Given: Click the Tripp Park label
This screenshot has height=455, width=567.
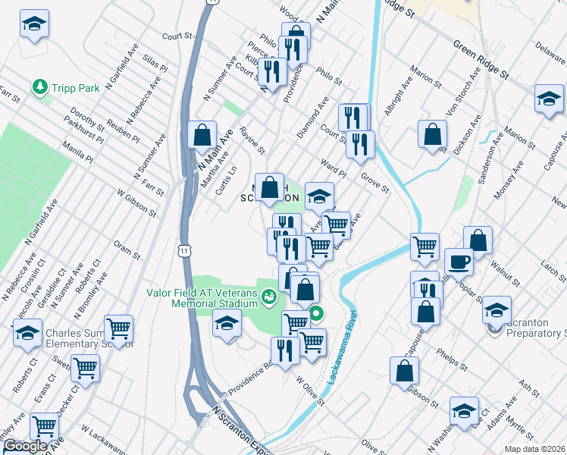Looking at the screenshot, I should (x=77, y=88).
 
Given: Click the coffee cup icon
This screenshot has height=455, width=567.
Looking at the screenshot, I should (x=459, y=262).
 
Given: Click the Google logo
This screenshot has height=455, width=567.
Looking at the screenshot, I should (x=24, y=447).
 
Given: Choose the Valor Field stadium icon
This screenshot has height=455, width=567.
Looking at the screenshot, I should (x=268, y=297).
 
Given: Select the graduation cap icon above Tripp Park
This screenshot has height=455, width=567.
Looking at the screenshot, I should (x=33, y=24).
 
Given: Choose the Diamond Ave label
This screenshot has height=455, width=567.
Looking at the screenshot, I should (x=313, y=116).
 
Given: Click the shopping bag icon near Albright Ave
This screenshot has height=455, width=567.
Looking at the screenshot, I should (x=431, y=135).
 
